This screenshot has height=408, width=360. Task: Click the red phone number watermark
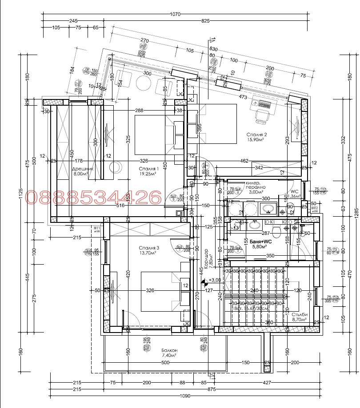click(x=94, y=197)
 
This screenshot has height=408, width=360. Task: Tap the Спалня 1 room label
click(x=149, y=169)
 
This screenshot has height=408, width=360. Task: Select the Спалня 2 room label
click(x=257, y=134)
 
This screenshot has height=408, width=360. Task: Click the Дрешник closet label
click(x=83, y=169)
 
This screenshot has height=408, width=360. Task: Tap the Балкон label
click(x=169, y=350)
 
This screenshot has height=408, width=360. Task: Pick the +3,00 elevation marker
click(x=215, y=280)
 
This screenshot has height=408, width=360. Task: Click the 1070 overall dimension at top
click(x=175, y=14)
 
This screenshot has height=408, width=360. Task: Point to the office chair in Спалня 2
click(x=261, y=115)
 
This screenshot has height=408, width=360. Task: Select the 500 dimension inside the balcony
click(x=165, y=363)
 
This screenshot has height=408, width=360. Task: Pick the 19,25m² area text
click(x=149, y=174)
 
